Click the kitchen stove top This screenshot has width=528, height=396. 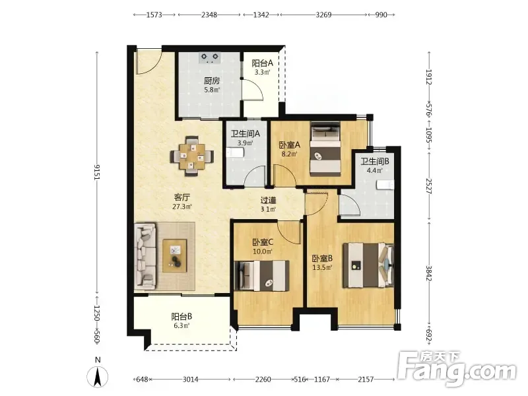point(209,57)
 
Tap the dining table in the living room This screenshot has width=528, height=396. point(192,156)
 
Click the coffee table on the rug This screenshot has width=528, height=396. point(175,255)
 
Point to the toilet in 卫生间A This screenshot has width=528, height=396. point(234,153)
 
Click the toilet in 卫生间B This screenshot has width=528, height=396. point(385,185)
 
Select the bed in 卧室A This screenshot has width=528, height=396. point(325,148)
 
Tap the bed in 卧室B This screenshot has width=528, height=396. point(368,265)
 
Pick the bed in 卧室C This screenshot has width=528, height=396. point(262,275)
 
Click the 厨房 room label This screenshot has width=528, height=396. point(212,81)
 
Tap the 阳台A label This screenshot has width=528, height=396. point(262,63)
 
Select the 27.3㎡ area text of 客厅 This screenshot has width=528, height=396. point(182,207)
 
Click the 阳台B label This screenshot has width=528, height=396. point(182,317)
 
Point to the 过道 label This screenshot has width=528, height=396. point(269,201)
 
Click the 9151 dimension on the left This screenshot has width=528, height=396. point(97,172)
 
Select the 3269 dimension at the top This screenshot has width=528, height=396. point(323,15)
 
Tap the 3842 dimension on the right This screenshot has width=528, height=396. point(428,273)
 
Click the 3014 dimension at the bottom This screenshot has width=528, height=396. point(191,379)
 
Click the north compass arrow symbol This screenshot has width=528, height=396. point(98,376)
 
